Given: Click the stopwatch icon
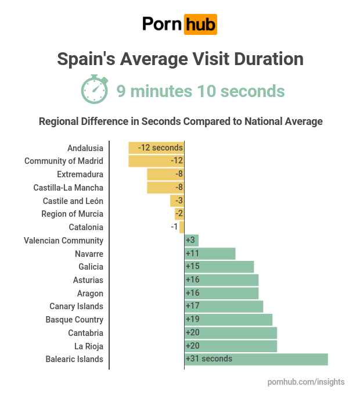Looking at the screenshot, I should (x=94, y=90).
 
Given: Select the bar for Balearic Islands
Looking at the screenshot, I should (x=256, y=359).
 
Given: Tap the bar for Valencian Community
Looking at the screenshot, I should (x=192, y=240).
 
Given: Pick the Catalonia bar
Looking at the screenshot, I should (x=182, y=227).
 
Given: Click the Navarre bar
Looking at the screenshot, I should (x=210, y=253).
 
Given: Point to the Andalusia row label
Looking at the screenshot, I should (x=85, y=148).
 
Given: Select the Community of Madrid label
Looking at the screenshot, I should (x=64, y=161).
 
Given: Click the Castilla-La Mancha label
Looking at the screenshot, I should (x=69, y=188).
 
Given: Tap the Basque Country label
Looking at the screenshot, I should (x=74, y=320).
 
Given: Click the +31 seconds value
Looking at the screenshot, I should (x=209, y=359).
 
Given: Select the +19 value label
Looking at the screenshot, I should (x=193, y=319).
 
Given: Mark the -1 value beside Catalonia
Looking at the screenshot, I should (x=174, y=227).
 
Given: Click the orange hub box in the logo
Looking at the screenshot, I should (x=200, y=24).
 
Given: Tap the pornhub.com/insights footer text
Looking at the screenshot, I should (x=306, y=382).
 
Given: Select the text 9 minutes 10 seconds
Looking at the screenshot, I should (x=200, y=91).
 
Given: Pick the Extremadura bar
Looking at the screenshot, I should (x=165, y=174).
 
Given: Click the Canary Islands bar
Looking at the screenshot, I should (x=224, y=306).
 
